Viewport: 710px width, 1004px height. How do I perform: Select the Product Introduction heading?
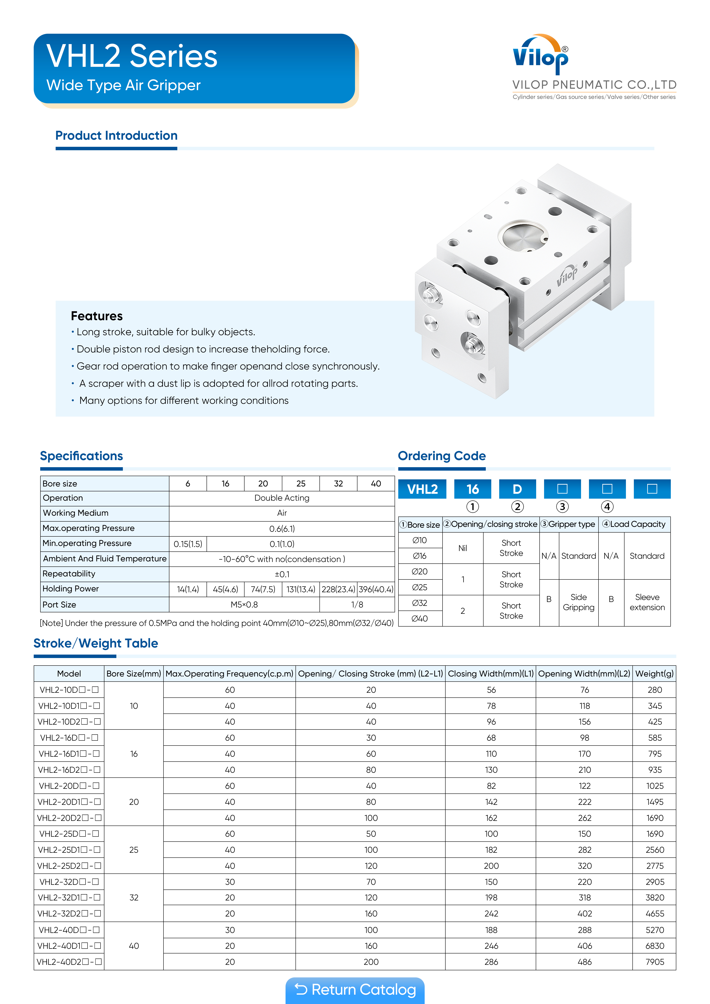tap(116, 136)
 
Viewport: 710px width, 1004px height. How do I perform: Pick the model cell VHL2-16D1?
tap(69, 753)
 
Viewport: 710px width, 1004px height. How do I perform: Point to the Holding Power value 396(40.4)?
tap(376, 589)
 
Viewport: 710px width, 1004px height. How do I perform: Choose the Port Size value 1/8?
tap(357, 604)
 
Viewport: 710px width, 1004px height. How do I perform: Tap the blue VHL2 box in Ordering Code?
tap(422, 489)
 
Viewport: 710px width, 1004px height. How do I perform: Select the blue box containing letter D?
tap(517, 489)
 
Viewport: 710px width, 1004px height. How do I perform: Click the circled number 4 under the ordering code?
tap(607, 507)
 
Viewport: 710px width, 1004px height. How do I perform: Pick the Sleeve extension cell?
tap(647, 602)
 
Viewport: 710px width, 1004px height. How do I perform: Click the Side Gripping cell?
tap(578, 602)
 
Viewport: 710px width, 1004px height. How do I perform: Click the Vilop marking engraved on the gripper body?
tap(567, 276)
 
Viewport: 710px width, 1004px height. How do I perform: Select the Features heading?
tap(97, 316)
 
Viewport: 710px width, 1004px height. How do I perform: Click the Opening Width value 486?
tap(584, 962)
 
